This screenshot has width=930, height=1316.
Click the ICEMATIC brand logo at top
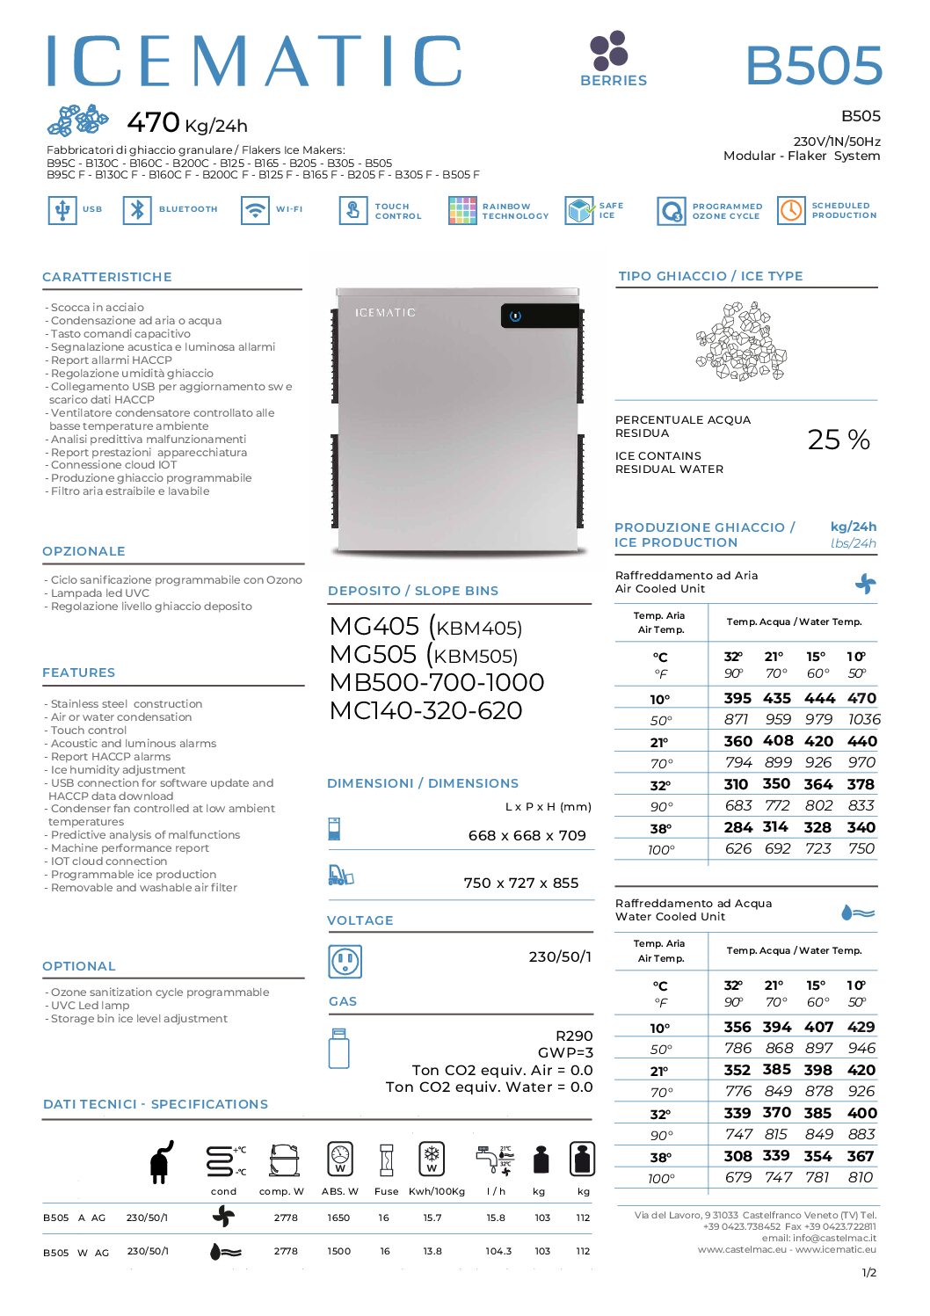pos(254,61)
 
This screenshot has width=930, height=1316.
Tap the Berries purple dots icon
pos(608,51)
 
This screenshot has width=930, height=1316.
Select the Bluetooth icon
pos(137,210)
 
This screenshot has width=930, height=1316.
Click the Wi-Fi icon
pos(255,210)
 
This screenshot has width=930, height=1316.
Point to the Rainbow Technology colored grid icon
pos(462,210)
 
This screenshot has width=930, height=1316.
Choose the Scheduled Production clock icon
pos(791,210)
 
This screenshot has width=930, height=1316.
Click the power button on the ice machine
pos(516,316)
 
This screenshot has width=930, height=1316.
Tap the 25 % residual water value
pos(839,439)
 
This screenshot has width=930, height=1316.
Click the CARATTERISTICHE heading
pos(107,277)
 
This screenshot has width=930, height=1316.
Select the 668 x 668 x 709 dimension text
pos(527,835)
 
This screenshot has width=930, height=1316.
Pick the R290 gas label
pos(574,1036)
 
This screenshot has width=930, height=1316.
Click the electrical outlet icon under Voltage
pos(344,961)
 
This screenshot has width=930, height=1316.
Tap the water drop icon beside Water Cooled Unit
pos(858,912)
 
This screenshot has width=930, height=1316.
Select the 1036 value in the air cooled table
pos(863,719)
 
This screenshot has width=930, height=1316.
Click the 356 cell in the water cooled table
pos(737,1027)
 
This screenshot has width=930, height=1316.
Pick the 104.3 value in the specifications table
pos(498,1251)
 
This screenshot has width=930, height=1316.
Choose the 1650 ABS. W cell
pos(338,1218)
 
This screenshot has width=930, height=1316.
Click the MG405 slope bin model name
pos(374,626)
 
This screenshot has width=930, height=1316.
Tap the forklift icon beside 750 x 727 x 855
pos(340,875)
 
